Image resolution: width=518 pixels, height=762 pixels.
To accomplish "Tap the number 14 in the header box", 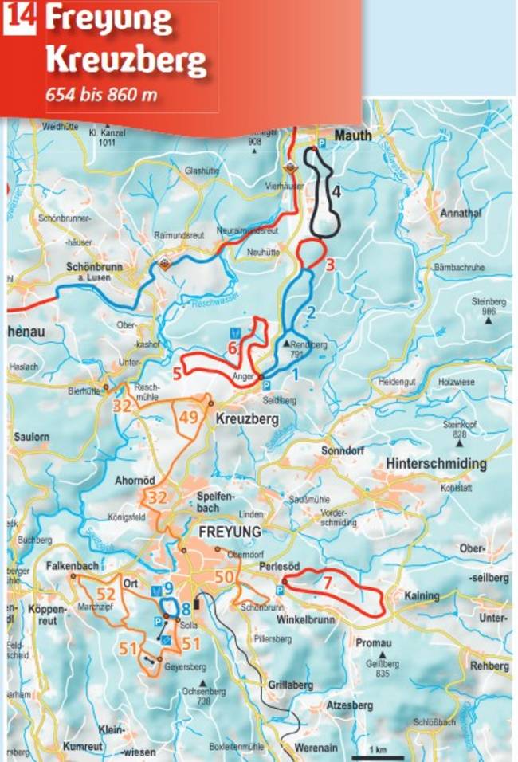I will [19, 19].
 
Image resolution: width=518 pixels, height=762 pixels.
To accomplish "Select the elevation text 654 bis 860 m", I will [100, 93].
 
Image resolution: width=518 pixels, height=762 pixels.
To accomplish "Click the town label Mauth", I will [352, 136].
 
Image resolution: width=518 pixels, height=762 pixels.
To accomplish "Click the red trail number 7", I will [327, 582].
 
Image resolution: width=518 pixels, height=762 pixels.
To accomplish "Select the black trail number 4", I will [336, 191].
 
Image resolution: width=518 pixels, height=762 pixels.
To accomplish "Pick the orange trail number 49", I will [189, 418].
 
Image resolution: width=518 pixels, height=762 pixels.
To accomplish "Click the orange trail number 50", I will [226, 578].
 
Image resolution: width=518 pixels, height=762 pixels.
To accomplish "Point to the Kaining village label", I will [422, 595].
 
